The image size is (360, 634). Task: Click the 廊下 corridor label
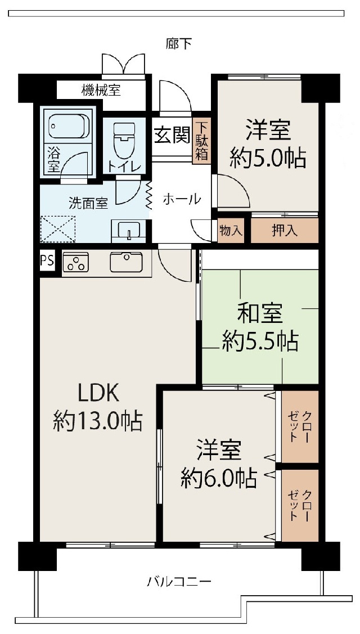tap(179, 43)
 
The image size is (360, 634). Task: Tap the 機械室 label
tap(101, 90)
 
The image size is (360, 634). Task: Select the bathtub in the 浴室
tap(69, 126)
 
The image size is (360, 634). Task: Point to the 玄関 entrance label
tap(172, 136)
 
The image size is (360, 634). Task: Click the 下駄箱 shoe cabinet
tap(201, 140)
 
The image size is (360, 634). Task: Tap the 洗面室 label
tap(88, 204)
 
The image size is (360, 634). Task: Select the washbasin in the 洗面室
tap(128, 231)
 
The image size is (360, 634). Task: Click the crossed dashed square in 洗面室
tap(58, 230)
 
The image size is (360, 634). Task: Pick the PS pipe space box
tap(47, 261)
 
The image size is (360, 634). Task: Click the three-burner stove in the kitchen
tap(75, 262)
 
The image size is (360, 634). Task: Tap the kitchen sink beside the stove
tap(126, 262)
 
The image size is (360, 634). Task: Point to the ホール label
tap(182, 199)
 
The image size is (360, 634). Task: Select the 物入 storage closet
tap(231, 231)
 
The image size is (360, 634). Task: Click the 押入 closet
tap(285, 231)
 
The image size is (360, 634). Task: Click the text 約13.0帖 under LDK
tap(97, 421)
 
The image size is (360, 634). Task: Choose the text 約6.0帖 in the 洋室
tap(219, 478)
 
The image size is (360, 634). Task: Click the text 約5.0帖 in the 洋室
tap(268, 158)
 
